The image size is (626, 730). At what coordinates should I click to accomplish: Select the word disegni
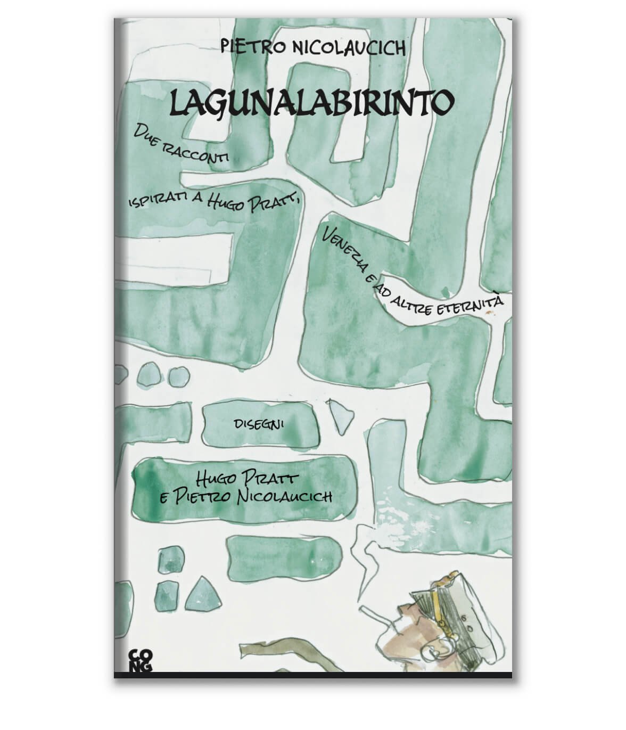tap(259, 424)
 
